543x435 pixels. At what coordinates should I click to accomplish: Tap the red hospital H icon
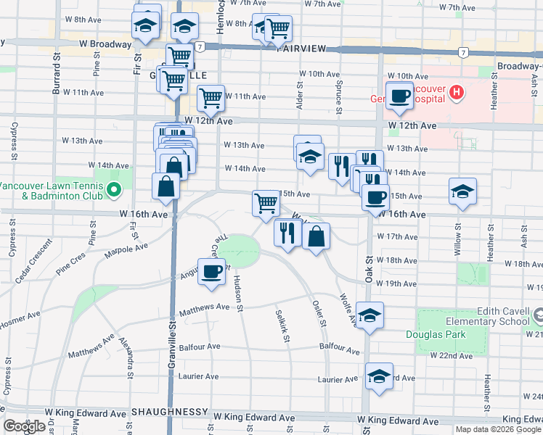point(457,92)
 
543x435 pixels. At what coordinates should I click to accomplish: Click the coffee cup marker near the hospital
point(399,95)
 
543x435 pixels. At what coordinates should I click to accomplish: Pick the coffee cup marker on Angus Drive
point(211,272)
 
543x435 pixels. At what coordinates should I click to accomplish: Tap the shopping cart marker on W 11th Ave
point(211,97)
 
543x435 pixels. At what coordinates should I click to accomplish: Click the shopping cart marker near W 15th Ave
point(266,203)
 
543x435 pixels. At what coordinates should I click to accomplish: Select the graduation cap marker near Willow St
point(462,191)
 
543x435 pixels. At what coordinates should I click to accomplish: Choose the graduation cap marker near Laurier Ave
point(378,376)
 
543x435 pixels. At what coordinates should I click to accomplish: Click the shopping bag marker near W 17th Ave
point(317,236)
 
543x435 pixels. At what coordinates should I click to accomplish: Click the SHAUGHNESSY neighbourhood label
point(167,412)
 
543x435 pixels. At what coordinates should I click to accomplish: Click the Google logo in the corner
point(24,426)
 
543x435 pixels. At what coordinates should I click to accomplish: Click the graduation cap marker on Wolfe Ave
point(370,315)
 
